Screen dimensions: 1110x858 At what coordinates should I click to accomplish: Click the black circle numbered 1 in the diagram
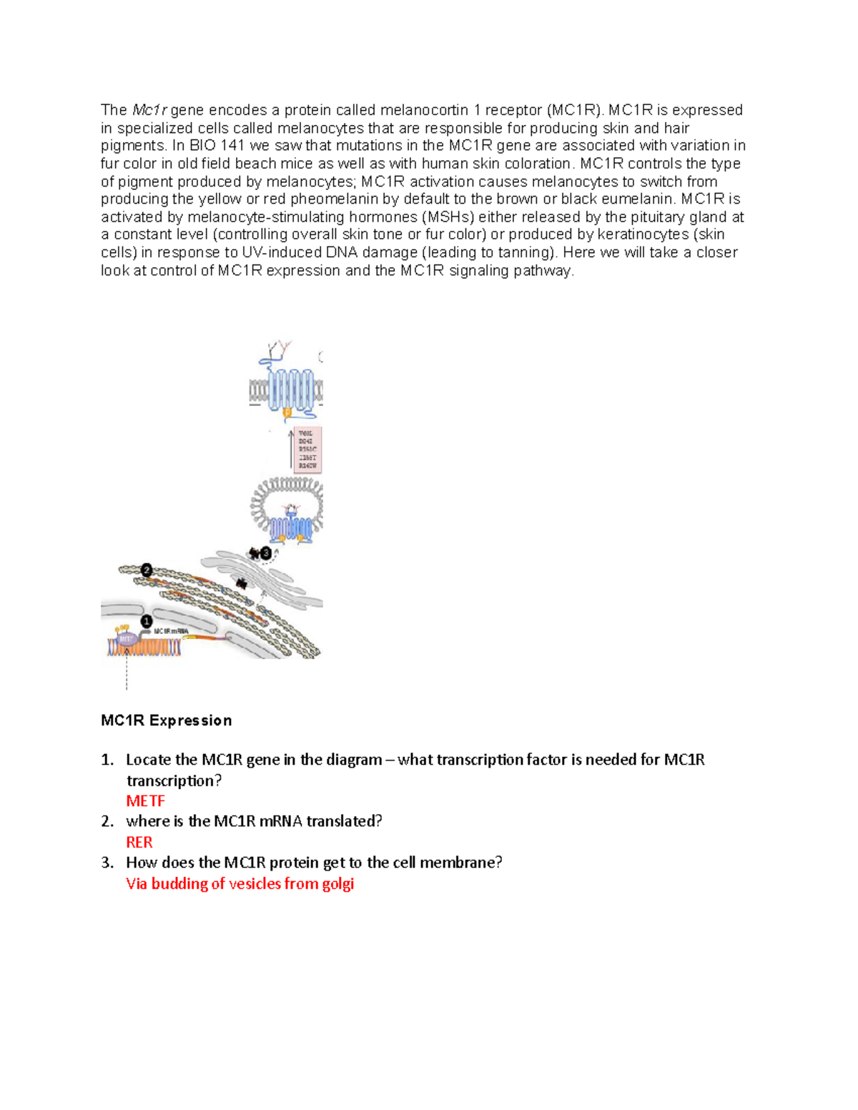147,621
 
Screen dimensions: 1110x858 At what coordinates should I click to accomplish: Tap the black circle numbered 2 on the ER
147,570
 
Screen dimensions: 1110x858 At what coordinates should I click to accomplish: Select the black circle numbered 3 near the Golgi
266,552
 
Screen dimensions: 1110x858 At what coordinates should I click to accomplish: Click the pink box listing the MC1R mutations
308,450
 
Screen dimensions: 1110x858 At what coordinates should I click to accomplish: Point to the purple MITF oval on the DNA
127,638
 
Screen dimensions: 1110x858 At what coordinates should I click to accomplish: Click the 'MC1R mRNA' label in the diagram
172,631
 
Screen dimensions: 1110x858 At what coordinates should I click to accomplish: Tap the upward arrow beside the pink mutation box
291,449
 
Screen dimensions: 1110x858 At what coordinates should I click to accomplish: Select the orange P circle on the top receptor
287,412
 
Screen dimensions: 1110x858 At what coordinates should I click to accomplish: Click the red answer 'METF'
145,801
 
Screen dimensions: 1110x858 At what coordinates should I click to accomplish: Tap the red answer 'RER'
139,842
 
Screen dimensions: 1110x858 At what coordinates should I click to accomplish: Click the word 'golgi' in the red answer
337,883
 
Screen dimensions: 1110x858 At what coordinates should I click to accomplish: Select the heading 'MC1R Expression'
166,720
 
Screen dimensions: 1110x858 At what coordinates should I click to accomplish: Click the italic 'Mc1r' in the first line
149,110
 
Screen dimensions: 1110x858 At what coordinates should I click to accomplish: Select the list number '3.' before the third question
107,863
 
